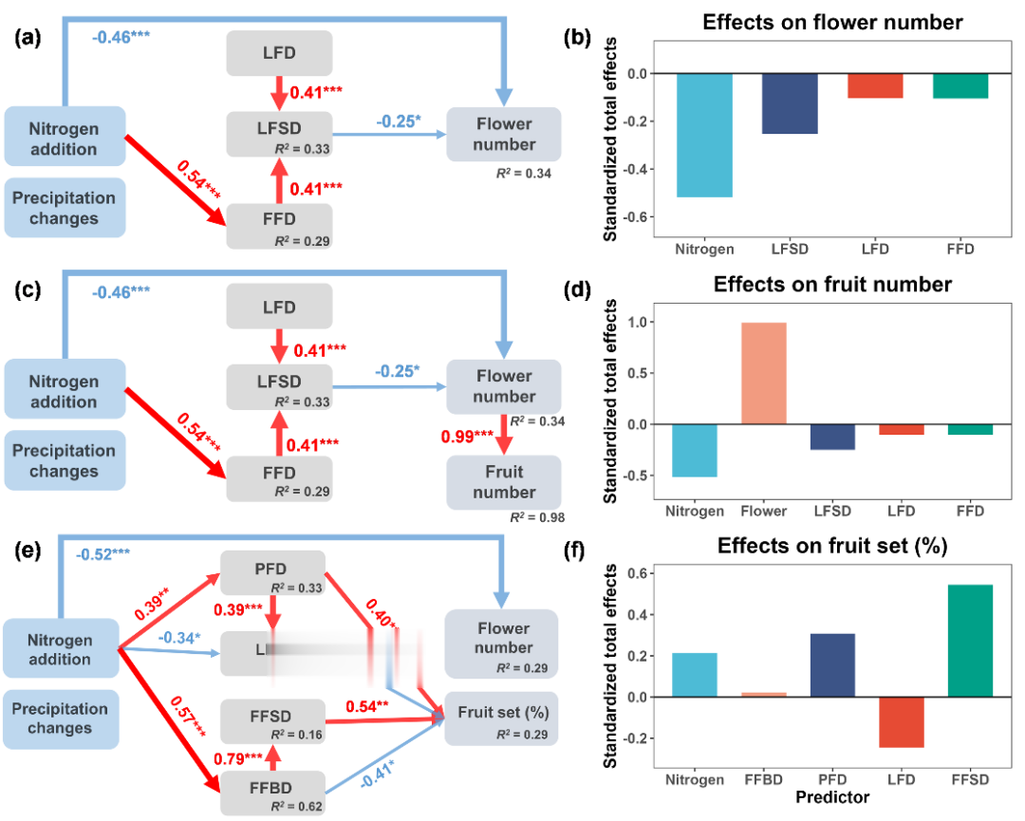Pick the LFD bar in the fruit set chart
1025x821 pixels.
(900, 721)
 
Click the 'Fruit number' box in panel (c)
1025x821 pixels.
(504, 481)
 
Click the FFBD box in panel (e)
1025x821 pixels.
(272, 790)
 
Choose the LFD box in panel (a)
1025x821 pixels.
(278, 52)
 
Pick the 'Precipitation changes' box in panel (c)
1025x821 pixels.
(65, 460)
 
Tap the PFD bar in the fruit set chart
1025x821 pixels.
(831, 664)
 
